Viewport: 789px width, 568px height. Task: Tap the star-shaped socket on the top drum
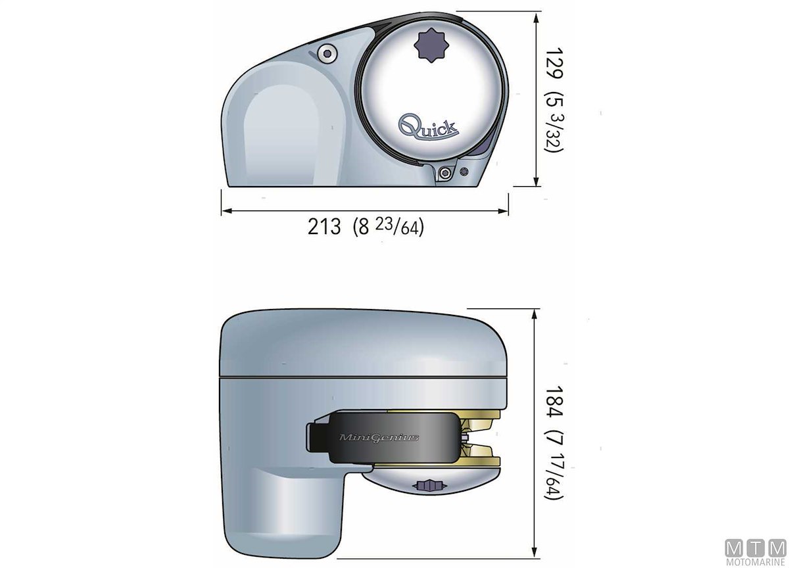pyautogui.click(x=432, y=45)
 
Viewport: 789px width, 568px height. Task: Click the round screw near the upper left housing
pyautogui.click(x=327, y=54)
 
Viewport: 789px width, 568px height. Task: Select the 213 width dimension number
pyautogui.click(x=324, y=226)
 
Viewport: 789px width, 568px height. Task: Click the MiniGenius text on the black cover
pyautogui.click(x=379, y=438)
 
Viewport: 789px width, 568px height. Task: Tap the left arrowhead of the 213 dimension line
pyautogui.click(x=227, y=211)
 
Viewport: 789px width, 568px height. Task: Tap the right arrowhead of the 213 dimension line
pyautogui.click(x=502, y=211)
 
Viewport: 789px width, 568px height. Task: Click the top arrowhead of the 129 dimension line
pyautogui.click(x=536, y=18)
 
